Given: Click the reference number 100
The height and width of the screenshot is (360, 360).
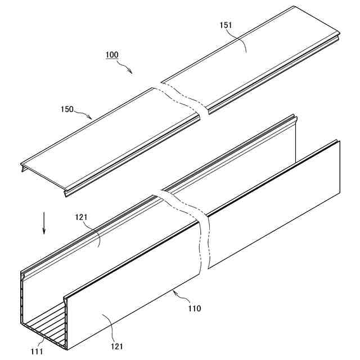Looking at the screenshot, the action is (x=111, y=55).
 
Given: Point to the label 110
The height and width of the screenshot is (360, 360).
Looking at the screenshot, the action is (x=194, y=308).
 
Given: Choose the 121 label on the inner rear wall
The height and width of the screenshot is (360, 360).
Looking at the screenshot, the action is (x=82, y=217).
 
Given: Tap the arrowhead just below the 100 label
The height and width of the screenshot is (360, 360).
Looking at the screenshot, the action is (x=130, y=71).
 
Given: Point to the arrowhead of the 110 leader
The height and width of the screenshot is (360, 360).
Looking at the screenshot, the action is (x=174, y=291).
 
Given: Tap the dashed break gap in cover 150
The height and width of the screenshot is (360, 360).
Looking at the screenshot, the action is (x=180, y=101).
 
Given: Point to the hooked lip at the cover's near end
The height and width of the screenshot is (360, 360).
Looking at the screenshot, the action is (x=22, y=168).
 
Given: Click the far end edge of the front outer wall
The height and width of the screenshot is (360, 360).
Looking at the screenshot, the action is (x=340, y=168).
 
